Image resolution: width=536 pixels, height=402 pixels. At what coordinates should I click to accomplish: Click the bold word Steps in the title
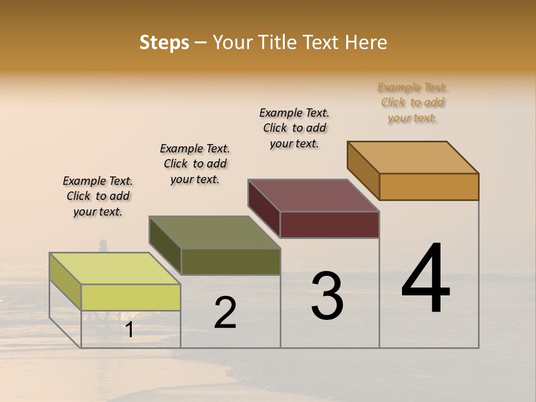[x=164, y=42]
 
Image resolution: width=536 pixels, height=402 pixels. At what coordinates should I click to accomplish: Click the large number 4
[x=425, y=279]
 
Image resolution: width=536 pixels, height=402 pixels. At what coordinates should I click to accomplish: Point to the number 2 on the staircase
[x=225, y=313]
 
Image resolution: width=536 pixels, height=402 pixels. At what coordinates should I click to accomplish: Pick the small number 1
[x=130, y=330]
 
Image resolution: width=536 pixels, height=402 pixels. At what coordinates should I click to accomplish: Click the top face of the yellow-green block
[x=115, y=268]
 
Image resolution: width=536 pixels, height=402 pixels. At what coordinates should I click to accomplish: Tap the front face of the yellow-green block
[x=131, y=297]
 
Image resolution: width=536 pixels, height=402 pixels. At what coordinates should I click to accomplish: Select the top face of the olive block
[x=214, y=232]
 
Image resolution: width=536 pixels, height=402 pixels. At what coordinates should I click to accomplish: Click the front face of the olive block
[x=231, y=261]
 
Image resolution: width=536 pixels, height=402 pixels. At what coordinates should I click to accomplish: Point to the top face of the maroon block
[x=314, y=195]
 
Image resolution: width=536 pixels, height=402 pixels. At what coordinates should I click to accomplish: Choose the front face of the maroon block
[x=329, y=224]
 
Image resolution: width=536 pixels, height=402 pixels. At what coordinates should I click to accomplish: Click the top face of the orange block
[x=413, y=157]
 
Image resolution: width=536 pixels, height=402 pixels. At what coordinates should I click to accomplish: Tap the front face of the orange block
[x=429, y=186]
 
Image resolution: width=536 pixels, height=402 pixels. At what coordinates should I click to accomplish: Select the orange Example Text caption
[x=412, y=103]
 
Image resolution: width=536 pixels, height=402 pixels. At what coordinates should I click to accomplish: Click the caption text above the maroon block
[x=294, y=128]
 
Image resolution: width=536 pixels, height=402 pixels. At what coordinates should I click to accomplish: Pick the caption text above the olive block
[x=195, y=164]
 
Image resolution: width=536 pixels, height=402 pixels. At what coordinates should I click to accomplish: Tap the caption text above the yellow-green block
[x=98, y=197]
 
